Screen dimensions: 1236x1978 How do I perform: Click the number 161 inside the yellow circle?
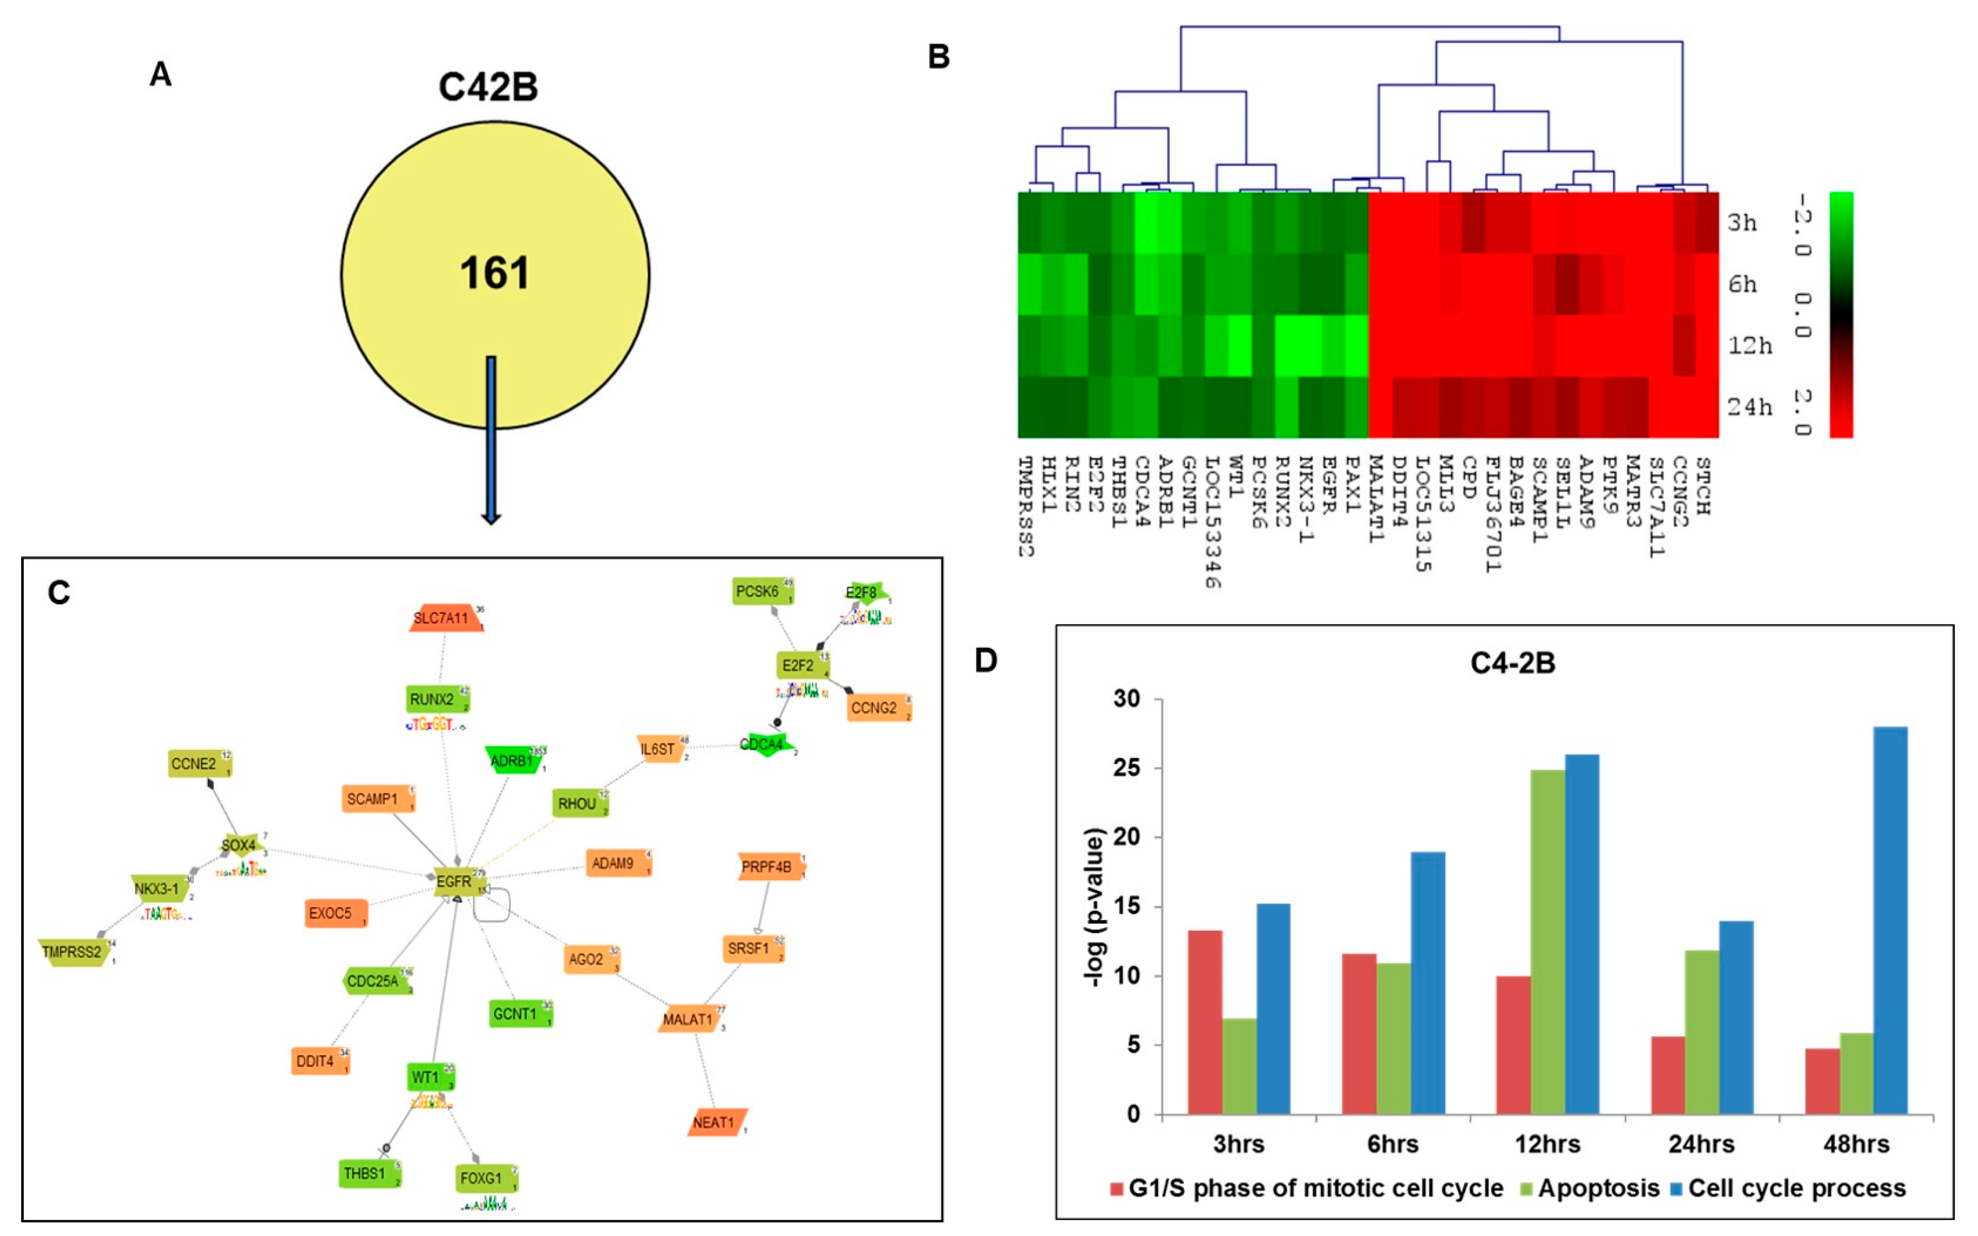[494, 273]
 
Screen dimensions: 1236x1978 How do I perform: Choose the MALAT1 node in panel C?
[688, 1019]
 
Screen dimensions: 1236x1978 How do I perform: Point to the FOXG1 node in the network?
[482, 1178]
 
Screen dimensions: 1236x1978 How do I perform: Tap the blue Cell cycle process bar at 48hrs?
[1890, 920]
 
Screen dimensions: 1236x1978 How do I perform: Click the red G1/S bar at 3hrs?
[1205, 1022]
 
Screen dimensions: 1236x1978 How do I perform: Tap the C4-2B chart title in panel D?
[1512, 662]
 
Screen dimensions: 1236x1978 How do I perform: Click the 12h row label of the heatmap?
[1749, 346]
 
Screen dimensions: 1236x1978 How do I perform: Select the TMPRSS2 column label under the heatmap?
[1027, 507]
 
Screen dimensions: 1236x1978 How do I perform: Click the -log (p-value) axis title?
[1094, 907]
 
